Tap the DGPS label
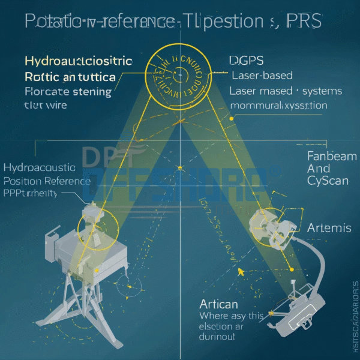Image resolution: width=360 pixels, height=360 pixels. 247,61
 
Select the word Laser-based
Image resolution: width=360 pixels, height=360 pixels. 263,76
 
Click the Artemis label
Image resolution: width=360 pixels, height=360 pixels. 329,228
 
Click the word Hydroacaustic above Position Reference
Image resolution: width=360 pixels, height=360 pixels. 40,167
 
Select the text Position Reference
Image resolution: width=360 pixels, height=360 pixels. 47,181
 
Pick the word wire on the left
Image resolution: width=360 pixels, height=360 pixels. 54,105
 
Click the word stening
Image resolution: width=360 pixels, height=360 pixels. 89,92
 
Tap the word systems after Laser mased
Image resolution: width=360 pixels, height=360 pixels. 322,91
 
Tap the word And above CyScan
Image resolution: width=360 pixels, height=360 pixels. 318,169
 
